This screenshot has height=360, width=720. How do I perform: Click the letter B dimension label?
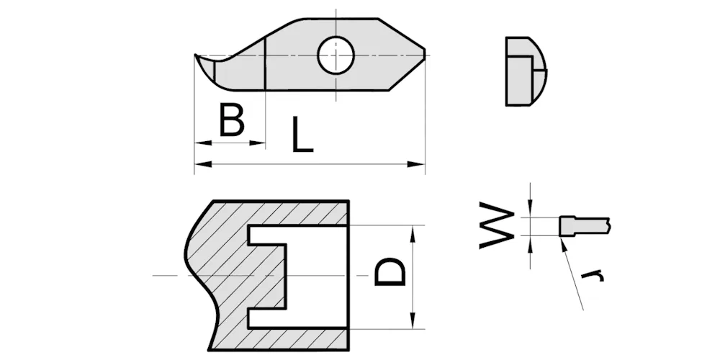click(x=232, y=121)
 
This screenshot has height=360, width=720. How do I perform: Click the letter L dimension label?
click(x=302, y=135)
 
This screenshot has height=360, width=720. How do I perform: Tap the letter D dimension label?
click(x=390, y=271)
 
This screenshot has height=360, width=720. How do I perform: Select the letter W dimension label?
click(x=497, y=225)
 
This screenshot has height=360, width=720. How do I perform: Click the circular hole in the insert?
click(x=336, y=55)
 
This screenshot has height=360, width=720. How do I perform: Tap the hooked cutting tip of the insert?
click(x=197, y=56)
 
